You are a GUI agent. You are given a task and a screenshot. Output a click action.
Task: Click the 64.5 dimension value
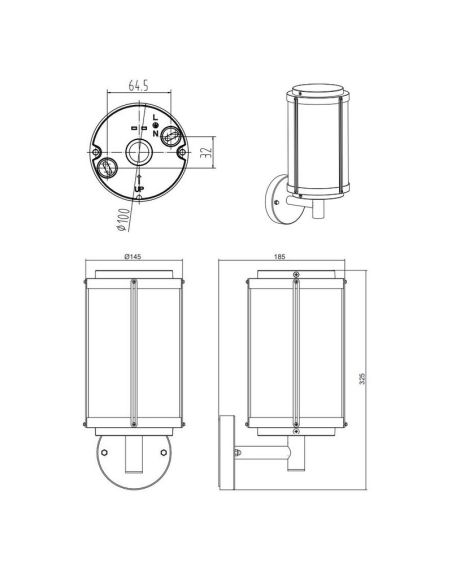tap(139, 85)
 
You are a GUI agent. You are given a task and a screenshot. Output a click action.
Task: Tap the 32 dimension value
tap(206, 152)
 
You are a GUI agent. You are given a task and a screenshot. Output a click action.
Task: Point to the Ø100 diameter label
tap(124, 219)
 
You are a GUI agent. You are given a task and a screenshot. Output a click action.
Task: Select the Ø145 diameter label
tap(133, 256)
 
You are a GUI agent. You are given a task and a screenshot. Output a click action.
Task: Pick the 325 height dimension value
tap(363, 378)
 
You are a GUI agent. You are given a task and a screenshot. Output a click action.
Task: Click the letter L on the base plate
tap(156, 117)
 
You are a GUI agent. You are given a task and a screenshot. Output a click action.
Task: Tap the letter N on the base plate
tap(156, 133)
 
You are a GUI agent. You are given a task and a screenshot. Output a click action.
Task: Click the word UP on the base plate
tap(139, 190)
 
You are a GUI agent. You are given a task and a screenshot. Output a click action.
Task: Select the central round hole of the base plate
tap(138, 152)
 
